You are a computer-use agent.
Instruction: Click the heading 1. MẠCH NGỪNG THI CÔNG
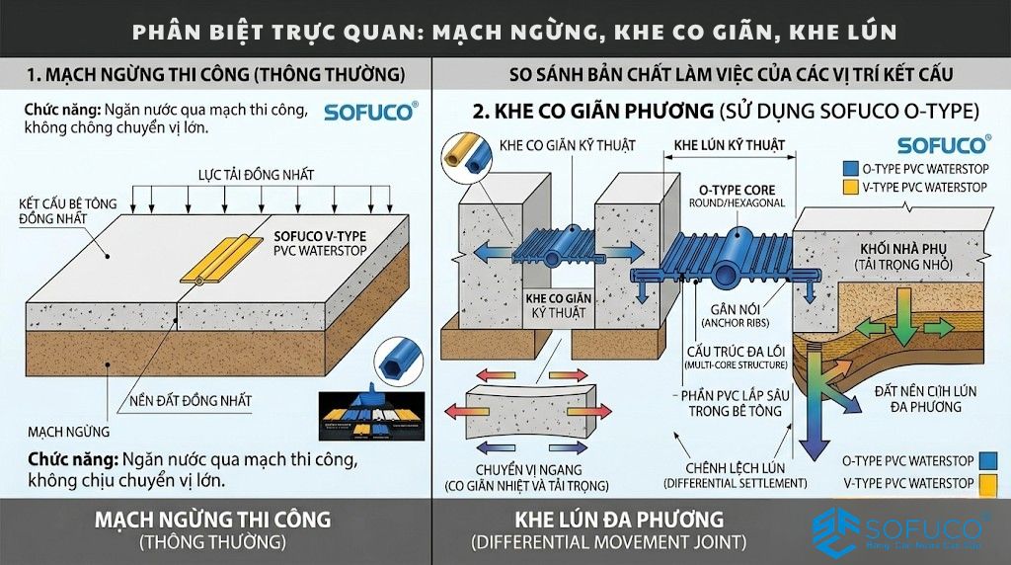pos(215,74)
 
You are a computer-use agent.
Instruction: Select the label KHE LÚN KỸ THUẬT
pos(730,145)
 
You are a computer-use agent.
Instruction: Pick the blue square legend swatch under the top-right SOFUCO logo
pos(850,169)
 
